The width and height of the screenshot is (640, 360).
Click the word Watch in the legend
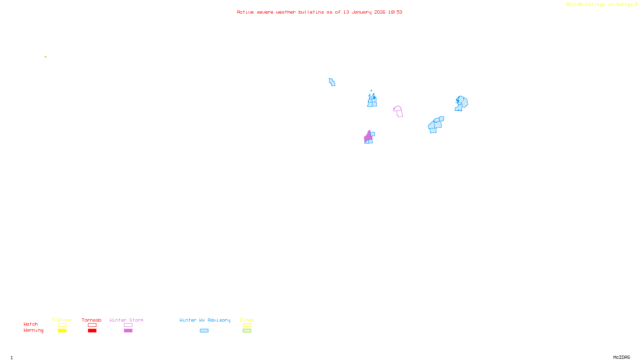tap(31, 324)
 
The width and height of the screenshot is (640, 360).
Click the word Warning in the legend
tap(33, 330)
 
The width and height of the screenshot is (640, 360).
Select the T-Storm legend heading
tap(62, 320)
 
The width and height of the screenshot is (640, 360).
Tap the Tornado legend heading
tap(92, 320)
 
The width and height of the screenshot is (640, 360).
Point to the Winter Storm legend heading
tap(126, 320)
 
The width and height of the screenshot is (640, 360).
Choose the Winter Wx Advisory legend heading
tap(205, 320)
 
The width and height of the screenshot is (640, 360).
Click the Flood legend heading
tap(247, 320)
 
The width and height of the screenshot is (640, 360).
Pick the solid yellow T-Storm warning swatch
tap(62, 331)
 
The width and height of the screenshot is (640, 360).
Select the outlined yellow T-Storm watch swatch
tap(62, 325)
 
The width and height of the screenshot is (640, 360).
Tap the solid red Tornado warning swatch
tap(92, 331)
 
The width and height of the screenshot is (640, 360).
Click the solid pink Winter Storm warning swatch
tap(128, 331)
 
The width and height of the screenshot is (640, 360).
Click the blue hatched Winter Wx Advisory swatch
tap(204, 331)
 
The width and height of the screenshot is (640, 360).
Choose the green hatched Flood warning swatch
tap(247, 331)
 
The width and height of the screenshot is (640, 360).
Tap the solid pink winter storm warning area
tap(368, 136)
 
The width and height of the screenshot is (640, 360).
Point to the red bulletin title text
tap(319, 12)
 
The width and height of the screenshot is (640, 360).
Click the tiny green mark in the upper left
tap(46, 57)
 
